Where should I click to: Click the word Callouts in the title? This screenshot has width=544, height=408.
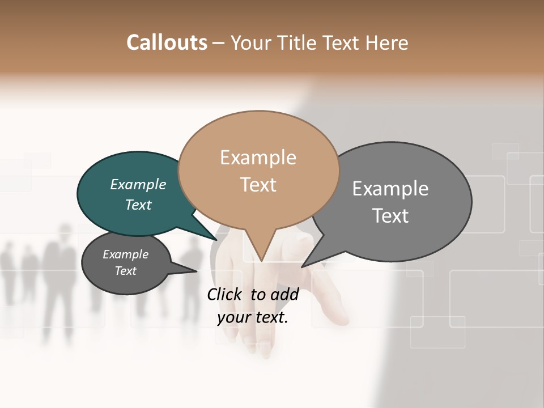(x=167, y=42)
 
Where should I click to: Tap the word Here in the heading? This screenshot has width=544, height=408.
(x=387, y=42)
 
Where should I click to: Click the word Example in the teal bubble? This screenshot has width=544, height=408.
(x=138, y=185)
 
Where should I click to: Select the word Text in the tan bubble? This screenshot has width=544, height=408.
(x=258, y=185)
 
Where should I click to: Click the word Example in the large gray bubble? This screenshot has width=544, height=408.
(x=390, y=189)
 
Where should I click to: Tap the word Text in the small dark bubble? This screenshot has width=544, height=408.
(x=126, y=271)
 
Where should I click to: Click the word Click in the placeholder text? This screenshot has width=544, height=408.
(x=225, y=294)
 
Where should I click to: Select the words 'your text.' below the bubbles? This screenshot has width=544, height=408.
(x=253, y=317)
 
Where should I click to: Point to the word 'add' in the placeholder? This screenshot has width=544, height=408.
(x=284, y=294)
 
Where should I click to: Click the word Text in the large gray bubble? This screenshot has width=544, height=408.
(x=390, y=216)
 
